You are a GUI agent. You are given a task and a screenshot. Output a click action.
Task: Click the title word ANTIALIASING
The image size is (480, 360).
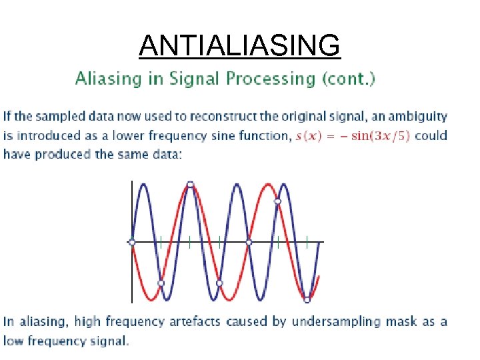(x=240, y=46)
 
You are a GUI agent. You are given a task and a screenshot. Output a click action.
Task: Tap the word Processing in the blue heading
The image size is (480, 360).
(x=273, y=79)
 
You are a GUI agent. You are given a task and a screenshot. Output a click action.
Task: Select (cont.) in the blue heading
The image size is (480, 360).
(x=349, y=79)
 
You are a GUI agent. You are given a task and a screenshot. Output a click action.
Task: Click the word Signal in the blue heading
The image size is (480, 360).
(x=198, y=79)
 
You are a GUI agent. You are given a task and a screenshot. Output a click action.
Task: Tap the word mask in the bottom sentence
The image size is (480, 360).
(x=404, y=321)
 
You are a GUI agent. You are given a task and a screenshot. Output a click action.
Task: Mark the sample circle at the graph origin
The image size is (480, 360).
(x=132, y=242)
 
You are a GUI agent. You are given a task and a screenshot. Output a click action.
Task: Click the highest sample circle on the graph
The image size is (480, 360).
(x=191, y=184)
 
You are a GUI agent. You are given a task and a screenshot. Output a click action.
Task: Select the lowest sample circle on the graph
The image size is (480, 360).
(x=307, y=300)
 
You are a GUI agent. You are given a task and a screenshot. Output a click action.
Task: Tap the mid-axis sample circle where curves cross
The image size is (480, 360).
(x=249, y=242)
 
